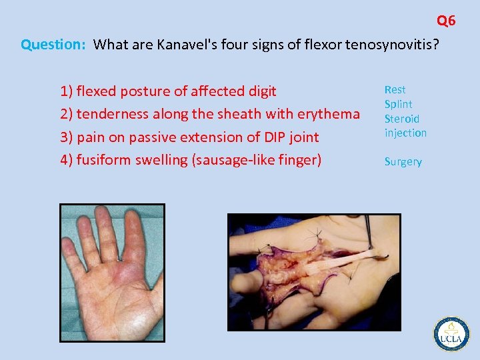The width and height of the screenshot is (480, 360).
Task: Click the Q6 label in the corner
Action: tap(446, 21)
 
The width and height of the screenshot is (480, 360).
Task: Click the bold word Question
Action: tap(52, 45)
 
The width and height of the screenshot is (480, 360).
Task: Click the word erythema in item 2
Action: tap(328, 114)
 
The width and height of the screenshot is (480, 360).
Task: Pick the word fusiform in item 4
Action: tap(101, 160)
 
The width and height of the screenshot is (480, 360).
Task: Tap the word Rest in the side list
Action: tap(395, 89)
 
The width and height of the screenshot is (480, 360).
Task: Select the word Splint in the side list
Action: tap(398, 104)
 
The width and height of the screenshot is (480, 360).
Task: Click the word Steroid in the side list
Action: tap(402, 119)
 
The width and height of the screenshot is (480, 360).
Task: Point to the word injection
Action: tap(405, 133)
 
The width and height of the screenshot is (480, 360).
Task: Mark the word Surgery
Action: tap(403, 161)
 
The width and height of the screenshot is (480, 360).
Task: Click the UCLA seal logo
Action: tap(451, 333)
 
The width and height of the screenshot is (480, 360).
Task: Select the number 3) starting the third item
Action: tap(67, 137)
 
